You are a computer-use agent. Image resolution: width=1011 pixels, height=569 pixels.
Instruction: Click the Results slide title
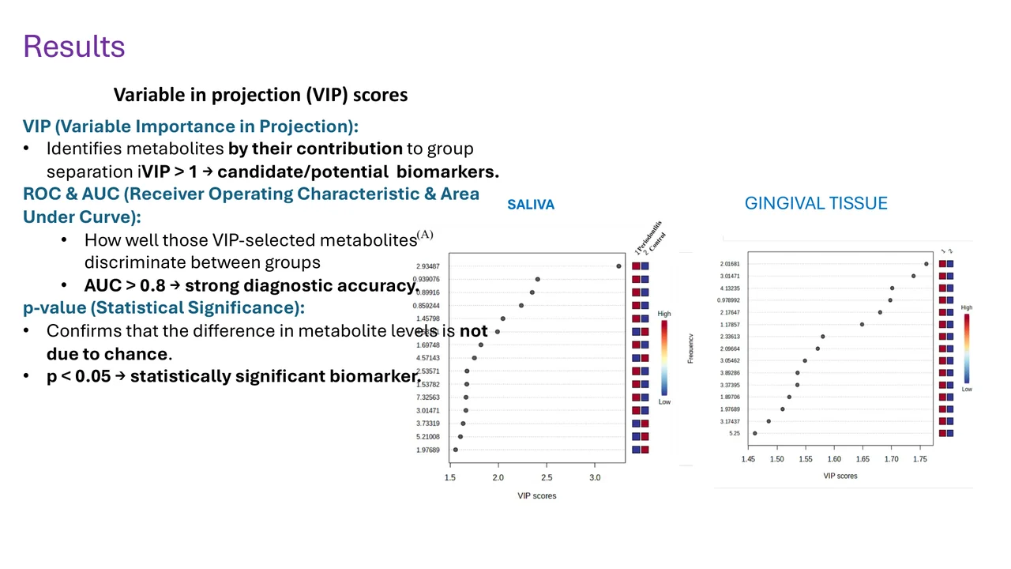74,47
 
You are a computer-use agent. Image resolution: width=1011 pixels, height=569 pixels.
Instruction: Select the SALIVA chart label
531,205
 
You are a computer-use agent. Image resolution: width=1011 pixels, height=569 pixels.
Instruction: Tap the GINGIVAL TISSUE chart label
816,204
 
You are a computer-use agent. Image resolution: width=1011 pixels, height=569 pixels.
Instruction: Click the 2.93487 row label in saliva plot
428,266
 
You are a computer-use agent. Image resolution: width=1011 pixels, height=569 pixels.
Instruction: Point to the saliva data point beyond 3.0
618,266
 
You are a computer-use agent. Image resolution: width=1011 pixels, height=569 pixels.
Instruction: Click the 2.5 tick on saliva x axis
547,477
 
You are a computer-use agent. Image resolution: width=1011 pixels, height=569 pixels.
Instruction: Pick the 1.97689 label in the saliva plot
428,450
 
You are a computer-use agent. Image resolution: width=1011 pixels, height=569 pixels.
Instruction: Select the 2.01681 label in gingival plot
730,264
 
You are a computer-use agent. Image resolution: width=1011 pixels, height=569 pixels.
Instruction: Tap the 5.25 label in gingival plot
735,433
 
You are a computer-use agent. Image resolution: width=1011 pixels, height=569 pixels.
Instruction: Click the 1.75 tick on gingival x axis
920,459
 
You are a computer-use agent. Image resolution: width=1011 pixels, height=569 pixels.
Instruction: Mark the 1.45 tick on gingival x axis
749,459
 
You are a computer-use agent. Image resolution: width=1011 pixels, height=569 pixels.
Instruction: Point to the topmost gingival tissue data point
926,264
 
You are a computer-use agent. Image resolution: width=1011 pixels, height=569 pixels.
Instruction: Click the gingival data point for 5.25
755,433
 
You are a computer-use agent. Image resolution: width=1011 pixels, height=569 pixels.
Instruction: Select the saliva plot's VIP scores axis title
537,496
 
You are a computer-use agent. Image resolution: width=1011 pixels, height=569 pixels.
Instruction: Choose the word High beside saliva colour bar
664,314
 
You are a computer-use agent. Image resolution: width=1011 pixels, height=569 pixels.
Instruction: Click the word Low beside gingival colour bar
967,389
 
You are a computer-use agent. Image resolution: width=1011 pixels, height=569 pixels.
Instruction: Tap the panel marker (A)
425,235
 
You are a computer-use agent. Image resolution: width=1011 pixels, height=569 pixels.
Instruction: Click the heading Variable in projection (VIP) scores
261,95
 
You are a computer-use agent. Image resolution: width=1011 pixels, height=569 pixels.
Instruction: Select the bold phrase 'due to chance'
107,353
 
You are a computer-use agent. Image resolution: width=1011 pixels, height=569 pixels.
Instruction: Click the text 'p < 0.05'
78,376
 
